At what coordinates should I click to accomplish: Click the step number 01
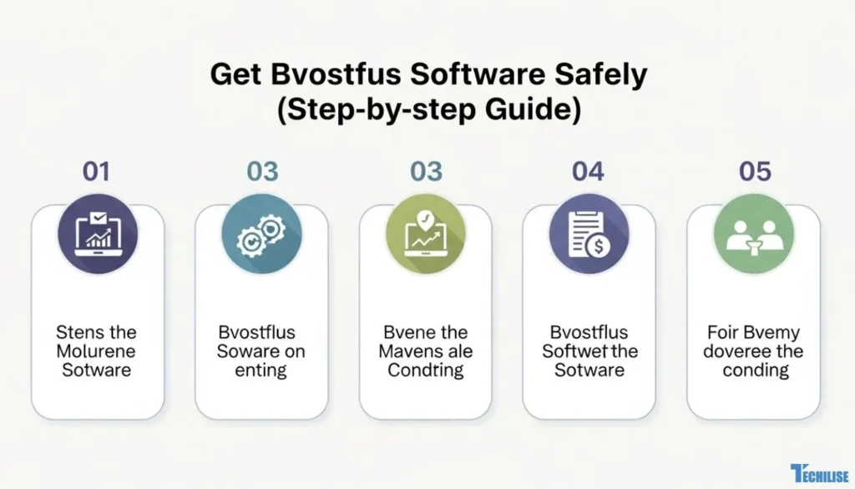pyautogui.click(x=96, y=171)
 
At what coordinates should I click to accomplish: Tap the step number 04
pyautogui.click(x=588, y=171)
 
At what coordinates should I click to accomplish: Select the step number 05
pyautogui.click(x=755, y=171)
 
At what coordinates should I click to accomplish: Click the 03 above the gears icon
pyautogui.click(x=262, y=171)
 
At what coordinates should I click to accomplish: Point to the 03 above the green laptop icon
pyautogui.click(x=426, y=171)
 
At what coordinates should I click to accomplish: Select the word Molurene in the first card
pyautogui.click(x=96, y=351)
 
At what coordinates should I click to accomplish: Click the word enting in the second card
pyautogui.click(x=261, y=369)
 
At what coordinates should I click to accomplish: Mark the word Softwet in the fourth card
pyautogui.click(x=572, y=351)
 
